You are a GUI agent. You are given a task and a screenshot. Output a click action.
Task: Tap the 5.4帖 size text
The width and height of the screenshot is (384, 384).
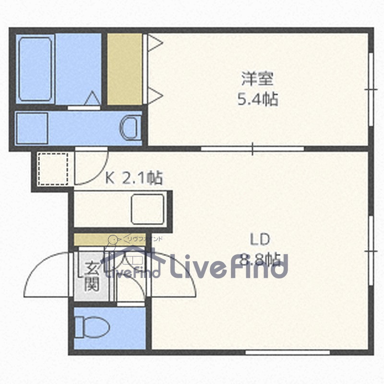258,99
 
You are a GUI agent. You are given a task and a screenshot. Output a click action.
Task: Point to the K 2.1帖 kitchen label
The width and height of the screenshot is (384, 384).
134,179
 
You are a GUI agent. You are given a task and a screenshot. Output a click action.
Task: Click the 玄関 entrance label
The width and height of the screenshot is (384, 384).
92,277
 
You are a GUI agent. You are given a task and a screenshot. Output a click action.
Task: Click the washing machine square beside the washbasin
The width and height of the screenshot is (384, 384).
32,128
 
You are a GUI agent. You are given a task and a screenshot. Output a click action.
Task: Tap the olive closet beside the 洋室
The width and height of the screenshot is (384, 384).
124,69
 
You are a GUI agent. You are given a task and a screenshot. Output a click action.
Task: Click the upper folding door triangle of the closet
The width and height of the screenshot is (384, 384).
155,44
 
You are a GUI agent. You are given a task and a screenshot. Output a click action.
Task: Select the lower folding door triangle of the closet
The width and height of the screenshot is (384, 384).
155,95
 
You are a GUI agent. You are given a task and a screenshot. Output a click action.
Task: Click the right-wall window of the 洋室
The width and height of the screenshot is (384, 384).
371,89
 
